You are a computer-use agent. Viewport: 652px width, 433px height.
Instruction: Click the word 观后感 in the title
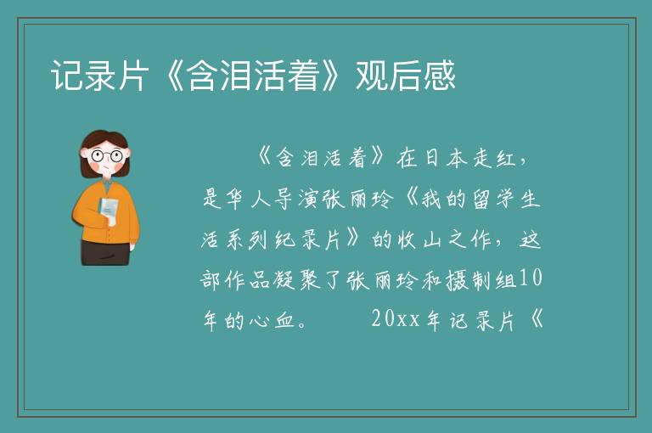(406, 76)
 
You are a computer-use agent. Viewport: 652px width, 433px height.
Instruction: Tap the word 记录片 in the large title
(100, 76)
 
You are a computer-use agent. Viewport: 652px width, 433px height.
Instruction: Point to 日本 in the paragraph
(445, 158)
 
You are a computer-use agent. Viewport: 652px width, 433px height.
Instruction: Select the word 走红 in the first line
(494, 158)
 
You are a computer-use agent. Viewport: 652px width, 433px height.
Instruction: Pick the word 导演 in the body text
(296, 199)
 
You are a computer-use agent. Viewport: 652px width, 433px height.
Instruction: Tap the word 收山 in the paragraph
(419, 239)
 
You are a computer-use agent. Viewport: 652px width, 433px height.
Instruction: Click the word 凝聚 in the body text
(297, 279)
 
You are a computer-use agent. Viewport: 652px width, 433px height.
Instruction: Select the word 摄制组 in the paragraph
(481, 279)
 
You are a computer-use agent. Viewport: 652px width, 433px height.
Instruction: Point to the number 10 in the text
(531, 278)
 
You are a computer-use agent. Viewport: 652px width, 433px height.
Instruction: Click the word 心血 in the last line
(273, 320)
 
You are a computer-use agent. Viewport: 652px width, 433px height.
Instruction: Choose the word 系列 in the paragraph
(248, 239)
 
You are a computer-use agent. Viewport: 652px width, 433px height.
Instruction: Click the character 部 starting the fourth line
(211, 279)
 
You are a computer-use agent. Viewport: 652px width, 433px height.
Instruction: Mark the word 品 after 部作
(261, 279)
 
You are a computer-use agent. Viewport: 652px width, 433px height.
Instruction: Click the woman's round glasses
(107, 156)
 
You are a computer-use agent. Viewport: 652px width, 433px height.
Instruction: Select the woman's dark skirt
(104, 252)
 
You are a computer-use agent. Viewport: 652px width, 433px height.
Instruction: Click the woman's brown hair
(104, 138)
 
